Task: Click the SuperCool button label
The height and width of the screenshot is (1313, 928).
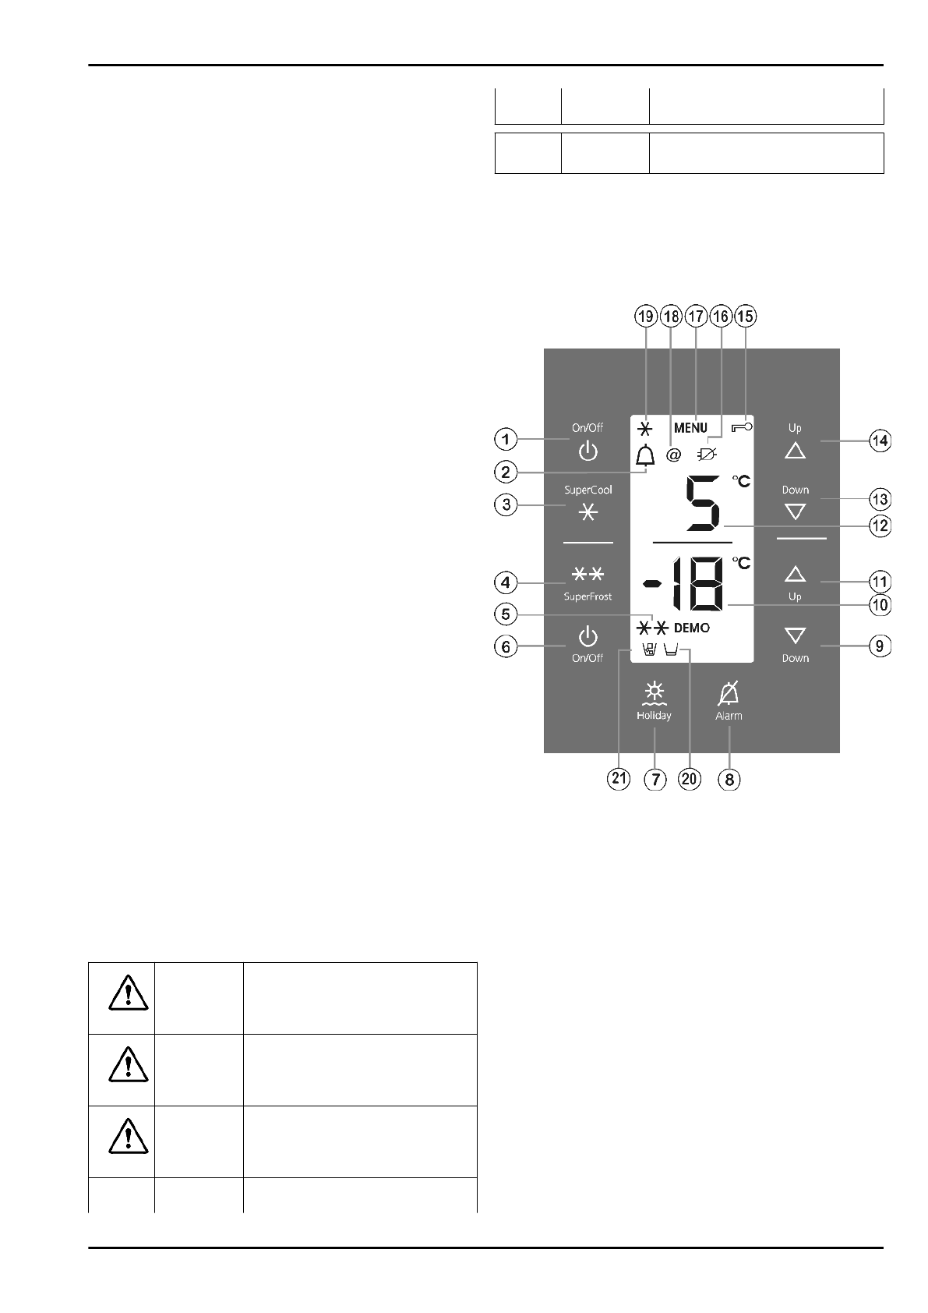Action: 588,490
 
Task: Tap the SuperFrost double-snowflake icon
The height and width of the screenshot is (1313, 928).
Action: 588,575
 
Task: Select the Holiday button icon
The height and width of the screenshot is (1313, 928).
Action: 655,692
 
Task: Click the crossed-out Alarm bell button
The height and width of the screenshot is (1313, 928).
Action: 729,693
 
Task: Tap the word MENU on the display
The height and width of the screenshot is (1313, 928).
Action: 690,428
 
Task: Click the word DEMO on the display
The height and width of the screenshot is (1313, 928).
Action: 692,628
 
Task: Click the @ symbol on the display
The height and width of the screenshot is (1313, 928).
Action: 674,454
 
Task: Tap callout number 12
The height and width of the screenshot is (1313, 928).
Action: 880,526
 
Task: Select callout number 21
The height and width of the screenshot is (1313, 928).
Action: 619,779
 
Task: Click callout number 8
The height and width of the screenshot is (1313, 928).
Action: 729,779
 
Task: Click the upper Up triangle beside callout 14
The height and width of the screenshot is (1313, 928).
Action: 795,451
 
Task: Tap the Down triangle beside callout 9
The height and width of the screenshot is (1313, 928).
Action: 795,636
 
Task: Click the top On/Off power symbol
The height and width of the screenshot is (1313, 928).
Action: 588,451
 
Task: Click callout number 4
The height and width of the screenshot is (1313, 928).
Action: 506,582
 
